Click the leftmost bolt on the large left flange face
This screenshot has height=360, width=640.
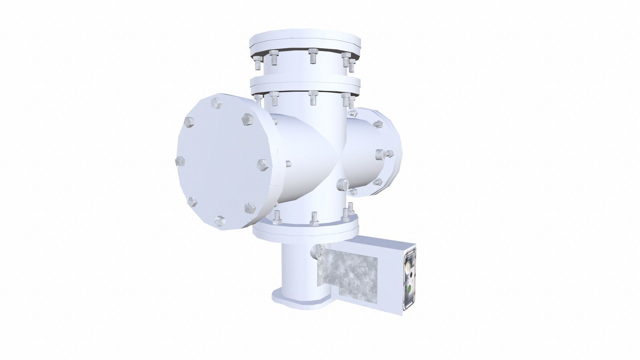(x=180, y=161)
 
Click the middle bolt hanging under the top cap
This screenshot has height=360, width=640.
(x=312, y=56)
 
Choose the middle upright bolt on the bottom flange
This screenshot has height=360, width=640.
(x=314, y=219)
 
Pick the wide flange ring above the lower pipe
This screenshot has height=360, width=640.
(x=305, y=230)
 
